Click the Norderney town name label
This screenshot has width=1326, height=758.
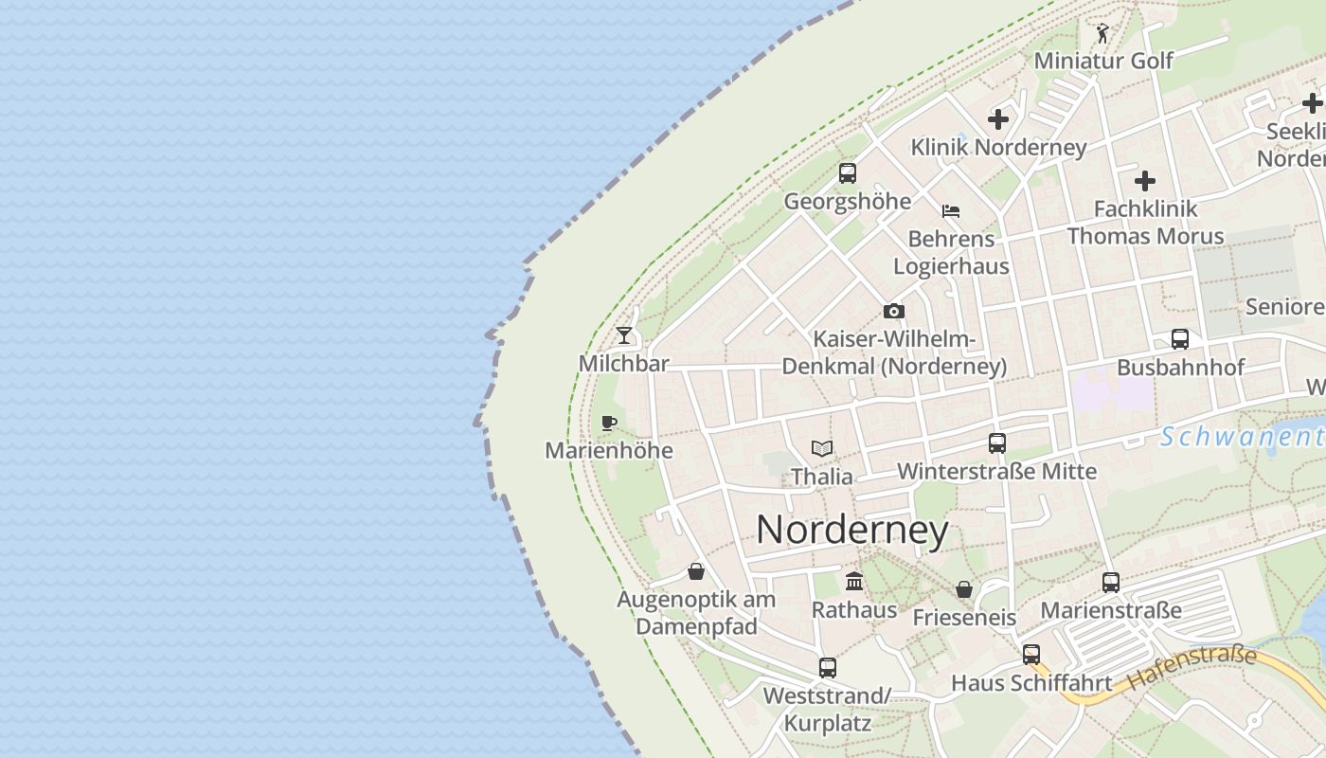pos(851,530)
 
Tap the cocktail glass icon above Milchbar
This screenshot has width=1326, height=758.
pos(624,335)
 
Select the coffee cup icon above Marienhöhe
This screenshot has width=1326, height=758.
pos(609,423)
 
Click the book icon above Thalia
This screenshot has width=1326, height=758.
pos(822,448)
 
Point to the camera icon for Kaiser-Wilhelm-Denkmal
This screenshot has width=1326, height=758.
pos(893,311)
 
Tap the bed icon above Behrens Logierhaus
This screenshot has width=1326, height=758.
pos(951,210)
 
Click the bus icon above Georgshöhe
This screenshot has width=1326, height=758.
pos(848,173)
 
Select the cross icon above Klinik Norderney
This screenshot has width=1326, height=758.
pos(998,119)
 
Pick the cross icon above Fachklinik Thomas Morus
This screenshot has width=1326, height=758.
pos(1145,180)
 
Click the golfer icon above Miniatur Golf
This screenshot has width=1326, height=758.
pos(1102,34)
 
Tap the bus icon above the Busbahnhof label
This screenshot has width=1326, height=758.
pos(1180,339)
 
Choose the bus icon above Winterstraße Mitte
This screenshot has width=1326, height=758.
pos(997,442)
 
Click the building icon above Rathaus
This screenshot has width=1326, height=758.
pos(854,581)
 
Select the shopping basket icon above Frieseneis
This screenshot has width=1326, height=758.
pos(964,589)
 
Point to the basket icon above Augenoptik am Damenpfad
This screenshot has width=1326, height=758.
pos(696,571)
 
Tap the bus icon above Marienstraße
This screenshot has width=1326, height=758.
pos(1111,582)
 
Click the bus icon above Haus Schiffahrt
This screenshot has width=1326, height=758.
pos(1031,654)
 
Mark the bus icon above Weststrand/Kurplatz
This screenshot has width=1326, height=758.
pos(828,667)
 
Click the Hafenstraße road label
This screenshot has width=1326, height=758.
pos(1192,667)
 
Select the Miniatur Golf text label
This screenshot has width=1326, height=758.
pos(1103,61)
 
